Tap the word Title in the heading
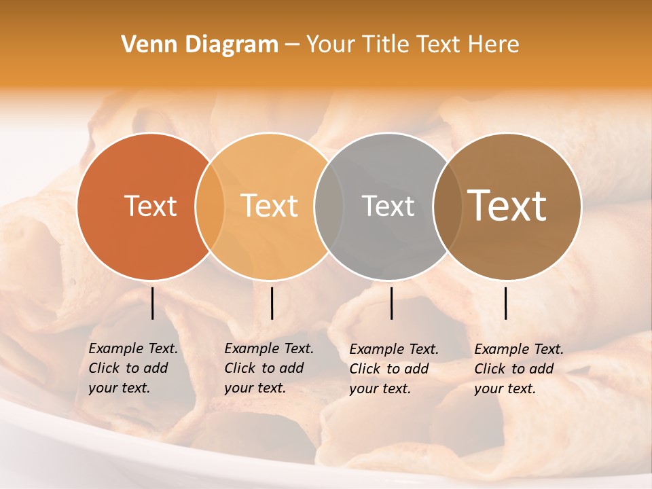[x=385, y=45]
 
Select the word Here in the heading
[x=494, y=45]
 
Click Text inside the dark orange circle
[x=150, y=206]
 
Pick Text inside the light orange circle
[x=269, y=206]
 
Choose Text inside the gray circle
[x=388, y=206]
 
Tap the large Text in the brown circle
[x=507, y=205]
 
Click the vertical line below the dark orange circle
[x=153, y=303]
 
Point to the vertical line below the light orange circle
[x=272, y=303]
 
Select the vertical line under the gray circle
[x=392, y=303]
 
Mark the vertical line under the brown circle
[x=506, y=303]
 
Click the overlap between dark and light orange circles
[x=210, y=206]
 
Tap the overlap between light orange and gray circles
[x=329, y=206]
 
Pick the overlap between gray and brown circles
[x=447, y=206]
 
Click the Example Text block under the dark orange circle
[x=133, y=368]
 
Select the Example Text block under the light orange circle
[x=269, y=368]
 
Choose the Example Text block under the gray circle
[x=394, y=369]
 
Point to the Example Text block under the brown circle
[x=519, y=369]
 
